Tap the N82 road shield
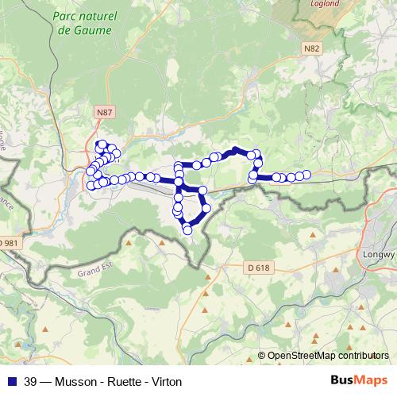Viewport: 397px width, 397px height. pyautogui.click(x=311, y=48)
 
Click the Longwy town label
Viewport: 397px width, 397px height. pyautogui.click(x=380, y=233)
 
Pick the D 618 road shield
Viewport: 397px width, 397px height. pyautogui.click(x=258, y=268)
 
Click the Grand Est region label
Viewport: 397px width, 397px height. pyautogui.click(x=96, y=271)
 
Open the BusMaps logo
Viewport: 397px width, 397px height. pyautogui.click(x=359, y=380)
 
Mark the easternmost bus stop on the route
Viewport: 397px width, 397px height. pyautogui.click(x=306, y=175)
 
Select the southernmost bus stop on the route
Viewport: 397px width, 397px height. pyautogui.click(x=187, y=230)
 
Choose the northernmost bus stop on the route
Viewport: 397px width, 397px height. pyautogui.click(x=102, y=144)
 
